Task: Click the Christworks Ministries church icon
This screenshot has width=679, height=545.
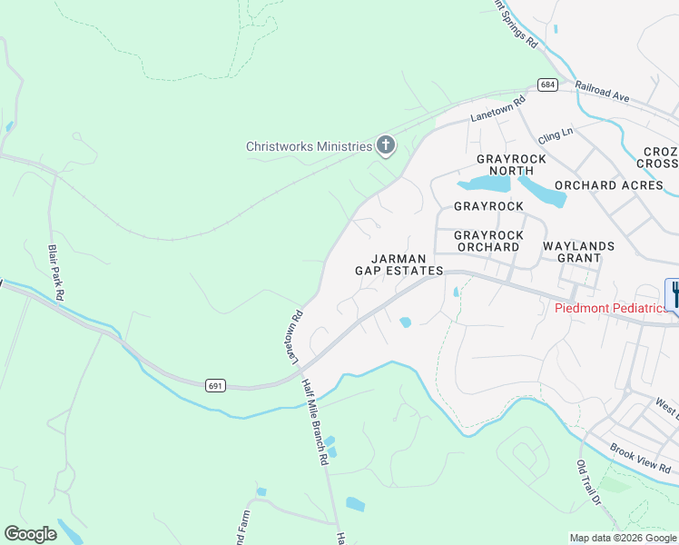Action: (x=386, y=145)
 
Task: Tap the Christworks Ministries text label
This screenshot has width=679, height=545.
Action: (x=310, y=146)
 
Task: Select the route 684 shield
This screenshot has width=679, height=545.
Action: (x=546, y=84)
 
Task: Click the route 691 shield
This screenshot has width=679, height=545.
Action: (x=215, y=385)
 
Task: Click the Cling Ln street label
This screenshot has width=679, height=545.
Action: (x=555, y=134)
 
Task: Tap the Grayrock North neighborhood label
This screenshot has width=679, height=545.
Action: (x=512, y=164)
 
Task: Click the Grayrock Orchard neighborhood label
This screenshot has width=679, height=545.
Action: (x=489, y=241)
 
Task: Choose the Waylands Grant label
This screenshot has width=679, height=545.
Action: (x=578, y=252)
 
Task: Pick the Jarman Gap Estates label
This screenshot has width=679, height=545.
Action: (x=399, y=264)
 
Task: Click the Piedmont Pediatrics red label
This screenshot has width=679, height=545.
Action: (x=611, y=308)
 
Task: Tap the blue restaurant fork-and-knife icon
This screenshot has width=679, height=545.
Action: (x=674, y=293)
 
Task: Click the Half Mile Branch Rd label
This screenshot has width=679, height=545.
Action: (x=314, y=422)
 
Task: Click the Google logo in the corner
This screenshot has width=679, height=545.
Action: (x=30, y=534)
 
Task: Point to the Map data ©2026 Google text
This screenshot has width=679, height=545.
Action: (x=623, y=538)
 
